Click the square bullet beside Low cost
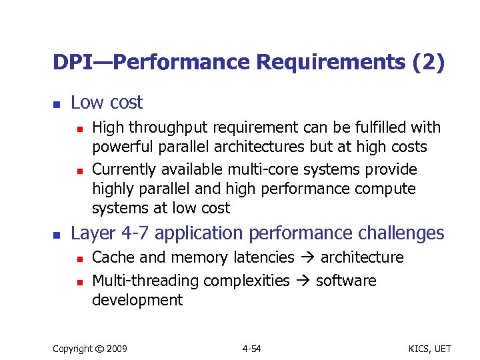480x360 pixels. point(57,105)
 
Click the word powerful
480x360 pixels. point(119,147)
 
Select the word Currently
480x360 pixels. point(122,169)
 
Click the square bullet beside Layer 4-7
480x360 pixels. point(57,235)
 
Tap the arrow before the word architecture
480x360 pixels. point(308,258)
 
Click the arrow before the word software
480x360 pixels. point(303,281)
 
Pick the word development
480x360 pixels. point(137,300)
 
